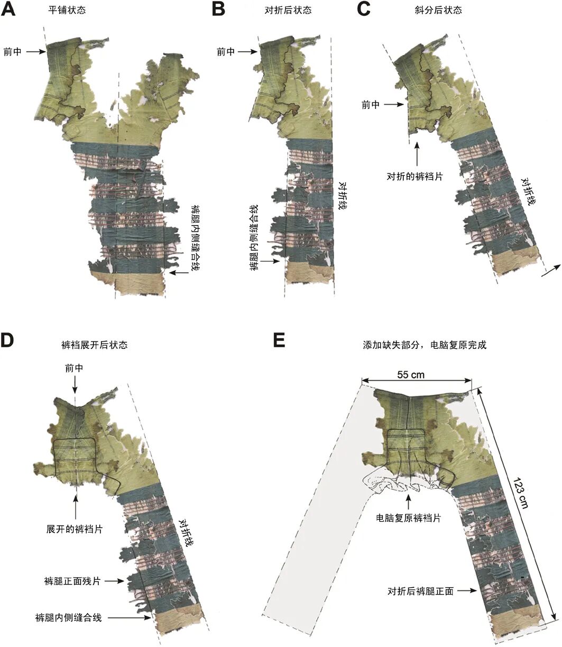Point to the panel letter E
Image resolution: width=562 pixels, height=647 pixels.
[x=279, y=341]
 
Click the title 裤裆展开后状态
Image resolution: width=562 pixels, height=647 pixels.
[x=94, y=345]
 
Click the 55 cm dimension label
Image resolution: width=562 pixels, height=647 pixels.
[x=411, y=375]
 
